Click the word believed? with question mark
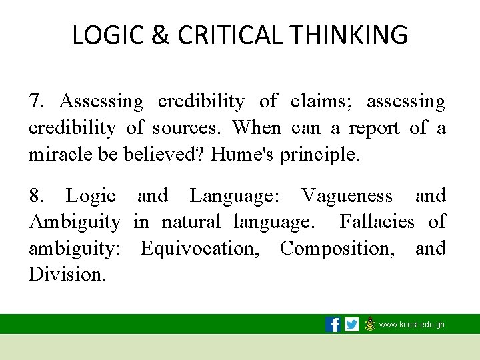click(x=164, y=155)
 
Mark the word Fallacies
click(x=377, y=221)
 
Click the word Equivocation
click(x=203, y=248)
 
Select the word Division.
click(x=67, y=275)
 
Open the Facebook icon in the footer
click(x=333, y=325)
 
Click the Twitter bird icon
click(x=351, y=325)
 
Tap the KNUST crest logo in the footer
click(x=369, y=325)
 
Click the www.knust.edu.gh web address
click(x=411, y=325)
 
